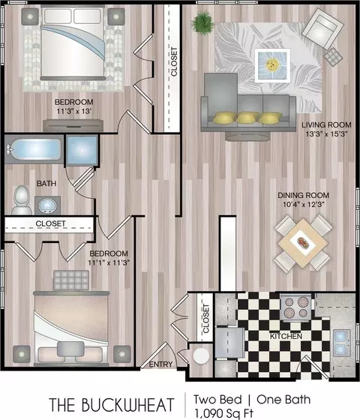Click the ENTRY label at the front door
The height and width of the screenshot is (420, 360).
click(x=160, y=364)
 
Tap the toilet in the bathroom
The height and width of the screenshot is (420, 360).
click(x=22, y=199)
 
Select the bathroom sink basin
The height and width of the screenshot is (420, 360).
click(x=47, y=205)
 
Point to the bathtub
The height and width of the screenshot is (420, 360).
click(x=34, y=149)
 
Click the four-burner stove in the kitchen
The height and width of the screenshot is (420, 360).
click(x=296, y=307)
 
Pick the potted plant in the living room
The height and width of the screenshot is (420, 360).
click(x=202, y=21)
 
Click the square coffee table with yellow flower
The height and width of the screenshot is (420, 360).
click(x=272, y=65)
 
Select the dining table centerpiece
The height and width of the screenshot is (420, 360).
click(x=304, y=242)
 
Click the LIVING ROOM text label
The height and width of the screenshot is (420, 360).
click(x=326, y=124)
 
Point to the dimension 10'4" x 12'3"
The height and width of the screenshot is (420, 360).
click(x=304, y=204)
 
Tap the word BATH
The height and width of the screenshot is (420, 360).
click(x=46, y=184)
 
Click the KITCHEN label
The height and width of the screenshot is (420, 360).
click(x=286, y=336)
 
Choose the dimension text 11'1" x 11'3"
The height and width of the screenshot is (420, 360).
click(x=109, y=262)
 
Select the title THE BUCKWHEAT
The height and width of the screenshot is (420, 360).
click(x=112, y=405)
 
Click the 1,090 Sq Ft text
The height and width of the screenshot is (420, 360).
click(x=223, y=413)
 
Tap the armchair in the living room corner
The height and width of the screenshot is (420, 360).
click(x=322, y=28)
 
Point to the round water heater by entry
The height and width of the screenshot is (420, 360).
click(x=201, y=355)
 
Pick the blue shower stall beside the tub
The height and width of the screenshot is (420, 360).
click(x=82, y=150)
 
